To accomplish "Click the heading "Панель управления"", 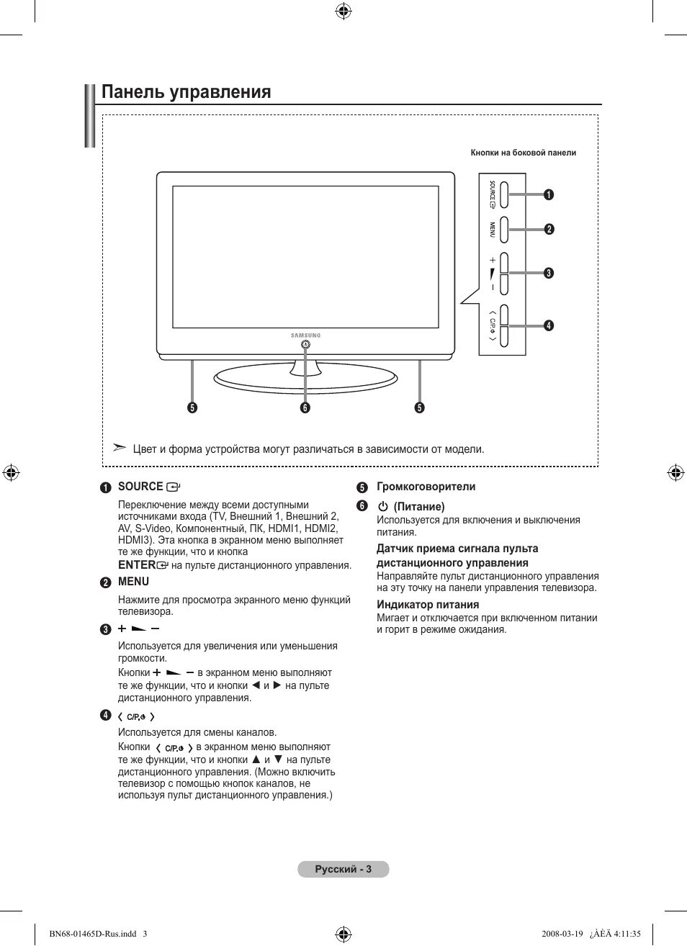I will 186,92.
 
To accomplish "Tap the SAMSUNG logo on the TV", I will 306,335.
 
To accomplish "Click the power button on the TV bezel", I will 306,345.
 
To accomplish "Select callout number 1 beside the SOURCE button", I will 549,194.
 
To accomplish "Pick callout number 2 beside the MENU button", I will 549,229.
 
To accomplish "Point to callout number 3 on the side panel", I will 549,273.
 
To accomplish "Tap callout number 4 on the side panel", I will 549,325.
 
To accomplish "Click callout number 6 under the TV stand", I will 305,407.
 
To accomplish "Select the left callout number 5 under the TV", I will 192,407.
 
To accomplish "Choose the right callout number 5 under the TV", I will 419,407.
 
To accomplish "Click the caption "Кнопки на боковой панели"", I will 523,153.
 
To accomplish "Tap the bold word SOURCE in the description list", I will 140,487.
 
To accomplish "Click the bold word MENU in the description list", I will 133,582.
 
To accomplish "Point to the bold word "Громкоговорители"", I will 426,487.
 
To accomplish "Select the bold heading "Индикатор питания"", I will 428,605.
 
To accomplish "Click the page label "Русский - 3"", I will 343,869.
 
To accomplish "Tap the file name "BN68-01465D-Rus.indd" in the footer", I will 93,934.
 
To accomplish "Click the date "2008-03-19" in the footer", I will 562,934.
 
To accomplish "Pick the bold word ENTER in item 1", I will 137,565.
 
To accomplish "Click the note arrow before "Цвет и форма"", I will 120,448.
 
